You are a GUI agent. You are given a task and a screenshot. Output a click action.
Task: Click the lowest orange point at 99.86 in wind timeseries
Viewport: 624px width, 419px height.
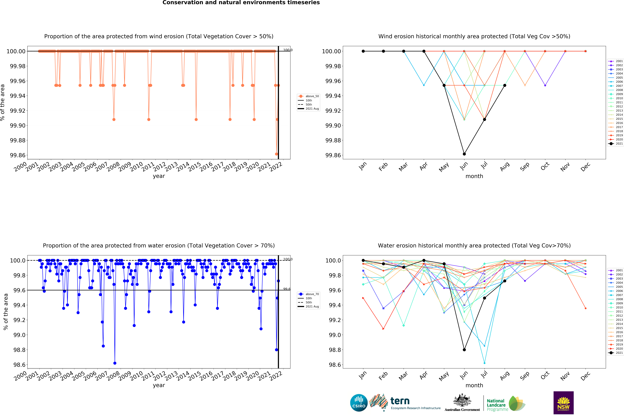click(x=276, y=154)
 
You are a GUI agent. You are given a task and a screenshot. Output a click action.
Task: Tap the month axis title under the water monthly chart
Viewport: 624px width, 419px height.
click(x=474, y=385)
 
